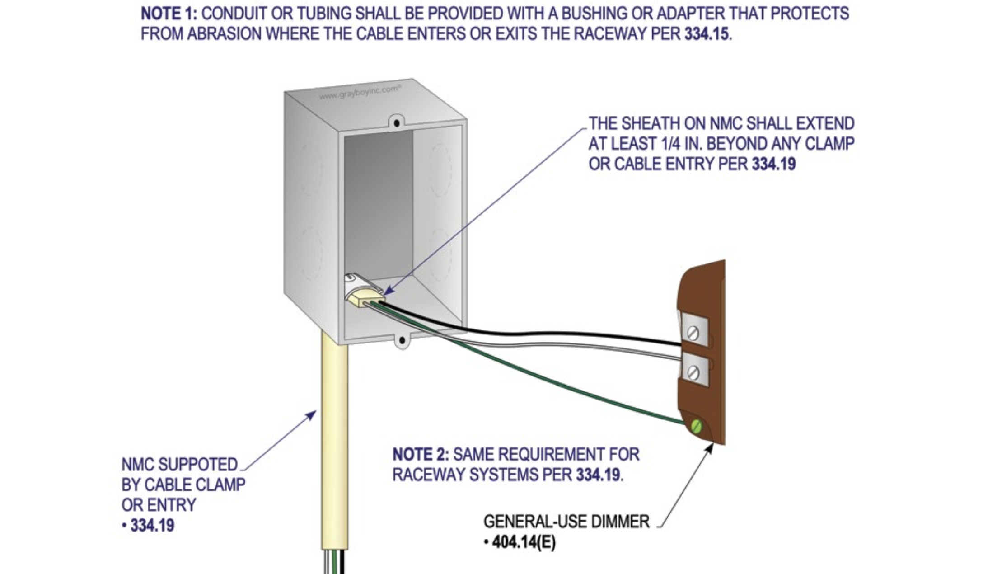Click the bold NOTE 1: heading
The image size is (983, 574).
click(x=169, y=14)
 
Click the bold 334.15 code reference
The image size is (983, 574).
click(x=706, y=34)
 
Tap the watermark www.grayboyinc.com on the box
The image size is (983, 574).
click(x=360, y=92)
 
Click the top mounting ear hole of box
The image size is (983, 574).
click(x=397, y=123)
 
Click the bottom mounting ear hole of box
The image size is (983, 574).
click(x=402, y=340)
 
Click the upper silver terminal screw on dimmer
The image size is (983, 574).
click(x=693, y=334)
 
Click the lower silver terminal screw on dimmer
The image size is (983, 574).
click(x=693, y=373)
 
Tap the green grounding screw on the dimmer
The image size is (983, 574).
click(x=696, y=426)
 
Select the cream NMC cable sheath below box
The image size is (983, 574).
click(x=334, y=443)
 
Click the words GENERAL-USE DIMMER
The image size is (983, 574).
click(x=566, y=522)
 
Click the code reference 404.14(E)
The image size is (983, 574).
click(x=524, y=542)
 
